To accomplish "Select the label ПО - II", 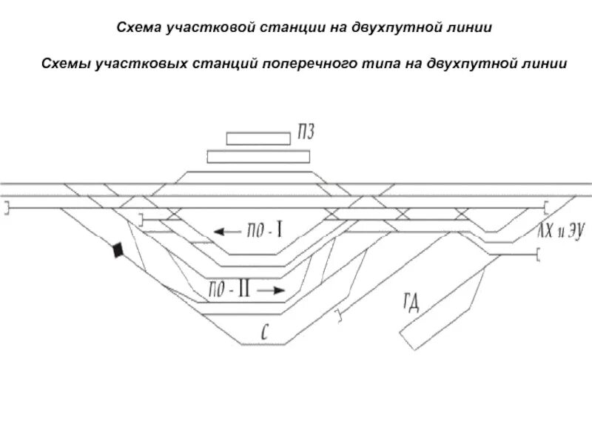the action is (x=230, y=290).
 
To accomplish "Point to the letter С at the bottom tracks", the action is (x=263, y=331).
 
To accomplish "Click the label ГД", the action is (x=411, y=301).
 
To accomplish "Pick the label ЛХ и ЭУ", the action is (x=561, y=233).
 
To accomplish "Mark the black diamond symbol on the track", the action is (x=116, y=251).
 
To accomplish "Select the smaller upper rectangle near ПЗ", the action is (x=258, y=138).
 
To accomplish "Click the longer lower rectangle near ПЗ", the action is (x=258, y=156).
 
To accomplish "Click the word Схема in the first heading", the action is (x=140, y=27).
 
